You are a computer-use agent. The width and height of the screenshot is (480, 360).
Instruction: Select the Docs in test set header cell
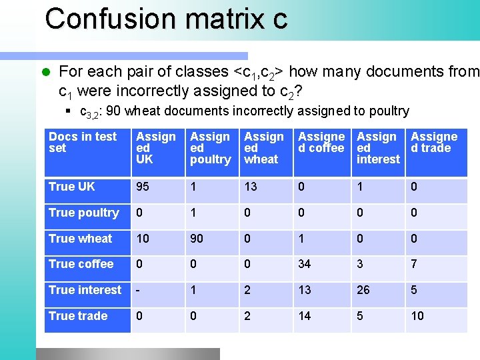pyautogui.click(x=83, y=142)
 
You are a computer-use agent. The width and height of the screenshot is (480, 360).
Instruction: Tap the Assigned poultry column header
pyautogui.click(x=210, y=147)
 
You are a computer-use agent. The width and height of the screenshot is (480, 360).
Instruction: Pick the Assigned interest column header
pyautogui.click(x=377, y=147)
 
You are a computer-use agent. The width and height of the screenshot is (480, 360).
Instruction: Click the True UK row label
pyautogui.click(x=72, y=187)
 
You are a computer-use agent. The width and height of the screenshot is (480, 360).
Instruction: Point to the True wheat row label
pyautogui.click(x=81, y=239)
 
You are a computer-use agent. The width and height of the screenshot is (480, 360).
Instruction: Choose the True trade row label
pyautogui.click(x=78, y=316)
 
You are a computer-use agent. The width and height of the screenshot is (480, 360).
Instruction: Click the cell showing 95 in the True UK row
pyautogui.click(x=143, y=187)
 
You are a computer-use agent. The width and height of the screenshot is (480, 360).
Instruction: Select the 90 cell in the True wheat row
pyautogui.click(x=197, y=239)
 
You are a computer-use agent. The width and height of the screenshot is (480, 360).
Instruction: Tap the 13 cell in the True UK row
pyautogui.click(x=251, y=187)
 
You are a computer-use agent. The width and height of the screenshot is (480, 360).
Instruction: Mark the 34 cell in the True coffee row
pyautogui.click(x=305, y=264)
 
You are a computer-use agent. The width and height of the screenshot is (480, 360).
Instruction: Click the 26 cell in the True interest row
pyautogui.click(x=364, y=290)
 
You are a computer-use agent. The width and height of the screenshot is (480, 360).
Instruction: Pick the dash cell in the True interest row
pyautogui.click(x=138, y=290)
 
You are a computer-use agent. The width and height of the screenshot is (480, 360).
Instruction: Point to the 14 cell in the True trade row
pyautogui.click(x=305, y=316)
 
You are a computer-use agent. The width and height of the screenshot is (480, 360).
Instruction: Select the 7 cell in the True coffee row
pyautogui.click(x=414, y=264)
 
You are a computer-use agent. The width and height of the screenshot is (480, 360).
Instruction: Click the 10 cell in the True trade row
pyautogui.click(x=417, y=316)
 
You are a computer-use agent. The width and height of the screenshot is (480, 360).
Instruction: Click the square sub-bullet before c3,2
pyautogui.click(x=69, y=111)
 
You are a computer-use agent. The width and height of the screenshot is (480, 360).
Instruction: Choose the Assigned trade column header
pyautogui.click(x=434, y=142)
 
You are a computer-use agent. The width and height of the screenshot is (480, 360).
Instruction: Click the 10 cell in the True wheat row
pyautogui.click(x=143, y=239)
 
